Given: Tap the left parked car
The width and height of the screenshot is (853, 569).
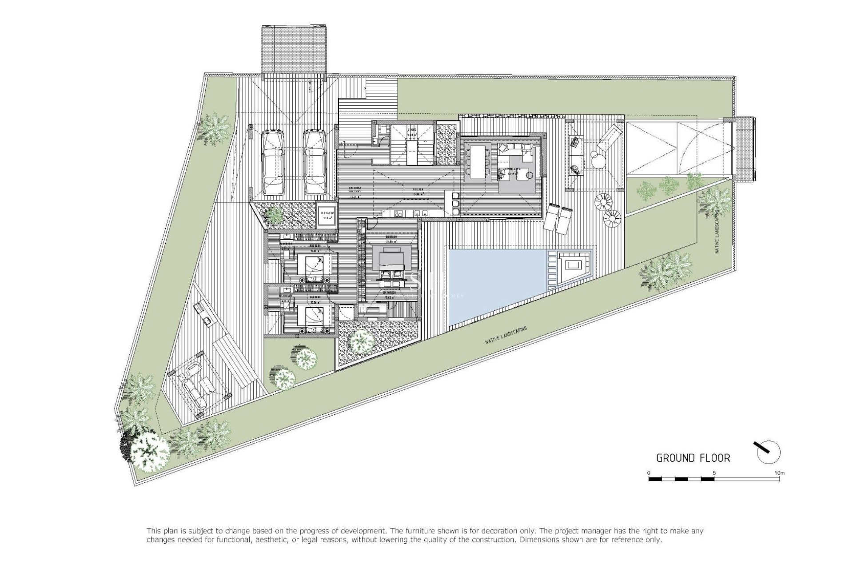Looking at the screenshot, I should coord(273,162).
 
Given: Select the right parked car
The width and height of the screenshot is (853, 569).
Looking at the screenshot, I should coord(314,162).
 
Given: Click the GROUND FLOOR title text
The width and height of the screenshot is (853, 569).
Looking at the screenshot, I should coord(693,458).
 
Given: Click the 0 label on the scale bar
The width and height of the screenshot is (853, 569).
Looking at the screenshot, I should coord(649,473).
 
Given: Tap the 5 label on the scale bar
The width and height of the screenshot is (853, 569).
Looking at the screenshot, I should coord(713,473).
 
